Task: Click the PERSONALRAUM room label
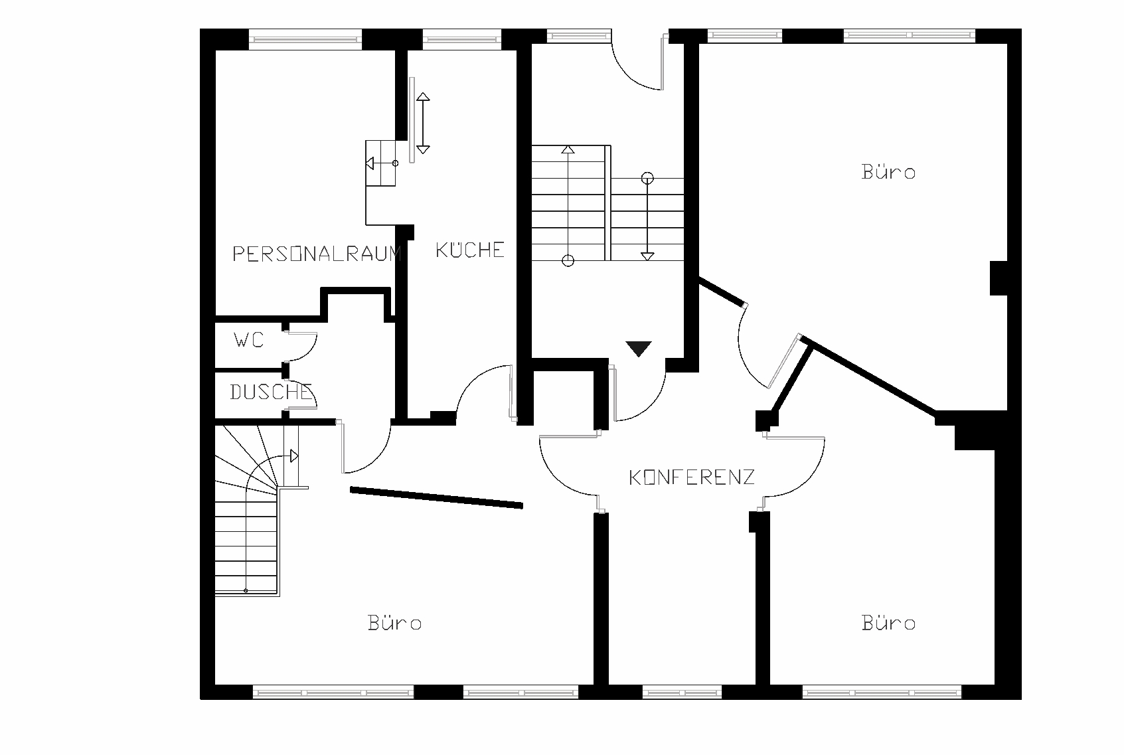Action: point(317,254)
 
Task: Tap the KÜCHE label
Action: point(470,250)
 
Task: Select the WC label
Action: point(249,341)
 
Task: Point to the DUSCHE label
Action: point(271,392)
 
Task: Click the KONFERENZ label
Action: point(692,477)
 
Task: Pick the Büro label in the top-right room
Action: point(889,172)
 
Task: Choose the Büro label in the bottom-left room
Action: point(395,623)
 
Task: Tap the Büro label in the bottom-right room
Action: point(889,623)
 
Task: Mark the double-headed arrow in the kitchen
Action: point(423,123)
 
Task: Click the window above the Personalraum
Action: point(305,39)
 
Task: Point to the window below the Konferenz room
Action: point(682,693)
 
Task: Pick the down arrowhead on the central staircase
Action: point(647,256)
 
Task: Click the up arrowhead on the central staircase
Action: point(568,149)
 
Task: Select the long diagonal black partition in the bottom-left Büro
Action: point(437,497)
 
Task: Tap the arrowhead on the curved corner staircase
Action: point(294,456)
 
